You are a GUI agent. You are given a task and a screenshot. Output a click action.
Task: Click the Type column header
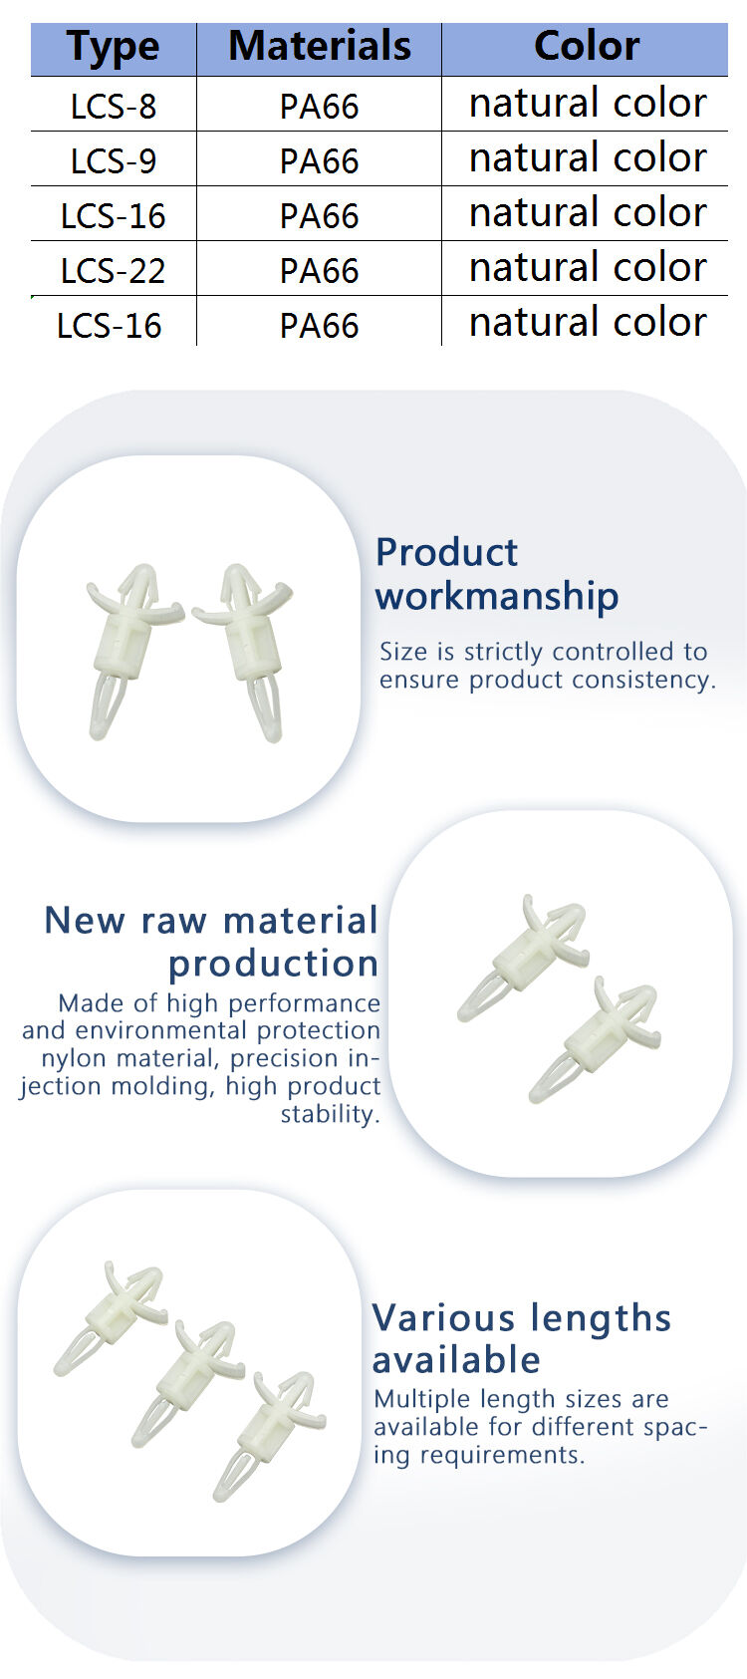click(114, 47)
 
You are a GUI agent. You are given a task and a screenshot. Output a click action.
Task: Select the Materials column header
click(319, 46)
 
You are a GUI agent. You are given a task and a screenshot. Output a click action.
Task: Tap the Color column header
click(586, 46)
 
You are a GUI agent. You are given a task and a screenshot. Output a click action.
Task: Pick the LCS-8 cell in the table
click(114, 106)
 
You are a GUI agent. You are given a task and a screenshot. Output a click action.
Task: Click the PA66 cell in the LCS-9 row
click(319, 160)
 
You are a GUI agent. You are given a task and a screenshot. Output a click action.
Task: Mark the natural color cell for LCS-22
click(588, 267)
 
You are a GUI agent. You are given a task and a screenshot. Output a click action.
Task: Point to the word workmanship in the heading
click(497, 597)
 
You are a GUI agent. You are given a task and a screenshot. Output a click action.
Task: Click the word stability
click(331, 1114)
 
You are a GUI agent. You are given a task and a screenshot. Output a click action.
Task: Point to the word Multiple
click(422, 1399)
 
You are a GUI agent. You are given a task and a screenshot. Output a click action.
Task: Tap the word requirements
click(501, 1455)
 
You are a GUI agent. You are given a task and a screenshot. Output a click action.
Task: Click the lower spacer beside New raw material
click(596, 1039)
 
